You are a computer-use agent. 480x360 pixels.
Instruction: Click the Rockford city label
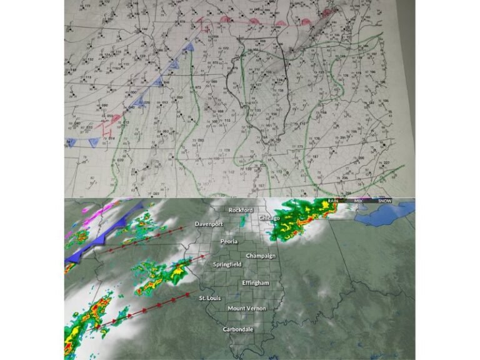[x=241, y=210]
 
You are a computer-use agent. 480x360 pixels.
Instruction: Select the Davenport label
[x=209, y=224]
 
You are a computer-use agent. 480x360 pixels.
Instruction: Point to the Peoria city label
[x=229, y=241]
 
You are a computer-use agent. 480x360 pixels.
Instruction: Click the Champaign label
[x=260, y=256]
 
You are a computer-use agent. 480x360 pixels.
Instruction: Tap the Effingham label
[x=256, y=283]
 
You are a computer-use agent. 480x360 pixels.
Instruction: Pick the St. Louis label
[x=211, y=298]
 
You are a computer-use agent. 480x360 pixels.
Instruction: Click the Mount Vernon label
[x=246, y=309]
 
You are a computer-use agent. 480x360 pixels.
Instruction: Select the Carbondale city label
[x=238, y=329]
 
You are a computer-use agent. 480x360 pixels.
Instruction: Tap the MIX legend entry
[x=358, y=201]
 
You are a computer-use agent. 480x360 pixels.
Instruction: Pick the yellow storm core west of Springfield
[x=178, y=271]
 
